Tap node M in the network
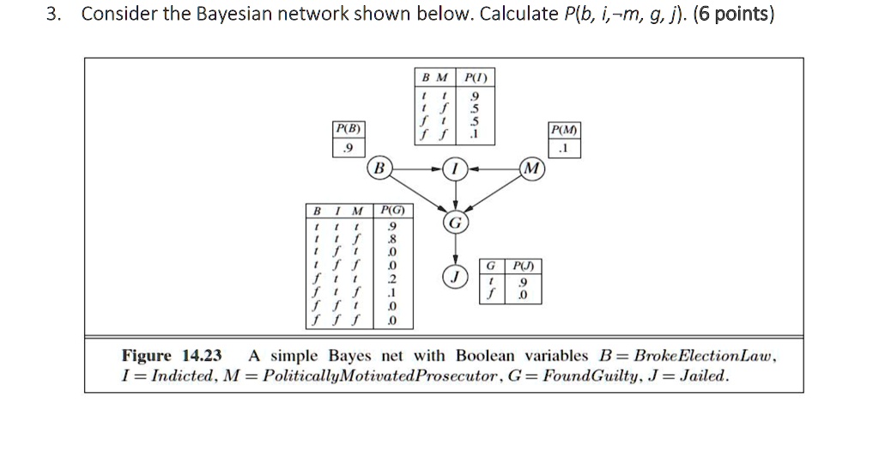pyautogui.click(x=531, y=168)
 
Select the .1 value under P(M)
pyautogui.click(x=563, y=149)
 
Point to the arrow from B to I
pyautogui.click(x=420, y=168)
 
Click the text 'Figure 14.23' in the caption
pyautogui.click(x=172, y=356)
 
